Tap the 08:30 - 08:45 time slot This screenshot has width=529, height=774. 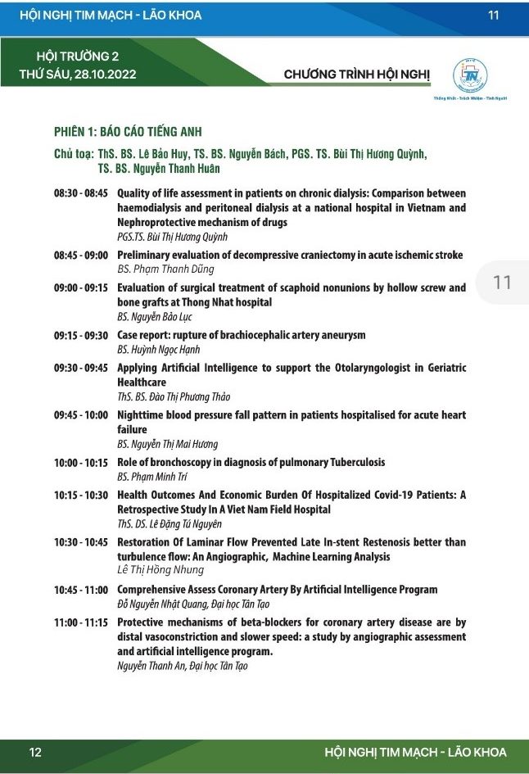[81, 194]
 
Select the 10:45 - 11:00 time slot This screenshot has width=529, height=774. [81, 590]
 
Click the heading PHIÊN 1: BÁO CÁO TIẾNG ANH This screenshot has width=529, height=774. [128, 132]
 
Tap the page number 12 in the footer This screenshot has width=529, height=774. [35, 752]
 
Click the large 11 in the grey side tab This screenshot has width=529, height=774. [502, 283]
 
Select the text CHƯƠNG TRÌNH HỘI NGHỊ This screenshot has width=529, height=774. [357, 75]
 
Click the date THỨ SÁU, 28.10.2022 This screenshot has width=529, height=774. [78, 74]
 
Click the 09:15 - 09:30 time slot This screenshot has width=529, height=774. [81, 335]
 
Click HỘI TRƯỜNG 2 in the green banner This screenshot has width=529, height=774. [78, 57]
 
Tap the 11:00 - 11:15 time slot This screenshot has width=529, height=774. [81, 622]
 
